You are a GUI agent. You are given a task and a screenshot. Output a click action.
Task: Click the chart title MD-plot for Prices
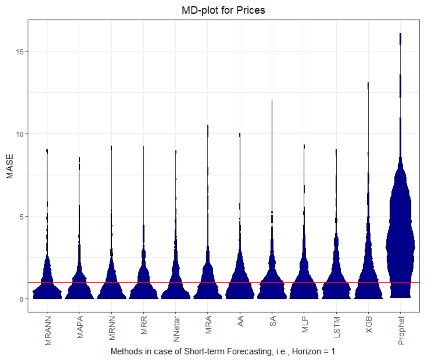[223, 10]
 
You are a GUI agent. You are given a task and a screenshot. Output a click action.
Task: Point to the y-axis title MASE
[10, 166]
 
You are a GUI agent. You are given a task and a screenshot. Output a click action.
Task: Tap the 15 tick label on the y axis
[21, 51]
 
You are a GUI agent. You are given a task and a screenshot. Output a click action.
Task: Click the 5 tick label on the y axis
[22, 217]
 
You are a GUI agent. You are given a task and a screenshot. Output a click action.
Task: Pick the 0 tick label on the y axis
[22, 299]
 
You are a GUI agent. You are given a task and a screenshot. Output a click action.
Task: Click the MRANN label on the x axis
[48, 330]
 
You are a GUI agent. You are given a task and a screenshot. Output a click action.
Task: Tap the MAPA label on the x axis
[80, 327]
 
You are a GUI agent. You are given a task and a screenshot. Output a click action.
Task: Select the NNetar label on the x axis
[176, 329]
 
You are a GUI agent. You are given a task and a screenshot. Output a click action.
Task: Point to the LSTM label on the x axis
[337, 327]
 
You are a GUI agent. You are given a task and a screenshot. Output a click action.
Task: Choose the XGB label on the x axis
[369, 325]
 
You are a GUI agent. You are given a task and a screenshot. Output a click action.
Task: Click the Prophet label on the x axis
[401, 330]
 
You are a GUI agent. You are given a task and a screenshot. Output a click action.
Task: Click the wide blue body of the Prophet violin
[400, 246]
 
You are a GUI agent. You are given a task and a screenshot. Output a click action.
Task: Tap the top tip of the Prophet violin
[400, 34]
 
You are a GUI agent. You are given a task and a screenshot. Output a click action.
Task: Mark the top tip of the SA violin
[272, 101]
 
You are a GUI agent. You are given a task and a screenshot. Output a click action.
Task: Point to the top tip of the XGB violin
[368, 84]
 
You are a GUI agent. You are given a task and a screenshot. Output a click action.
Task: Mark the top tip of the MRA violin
[208, 126]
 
